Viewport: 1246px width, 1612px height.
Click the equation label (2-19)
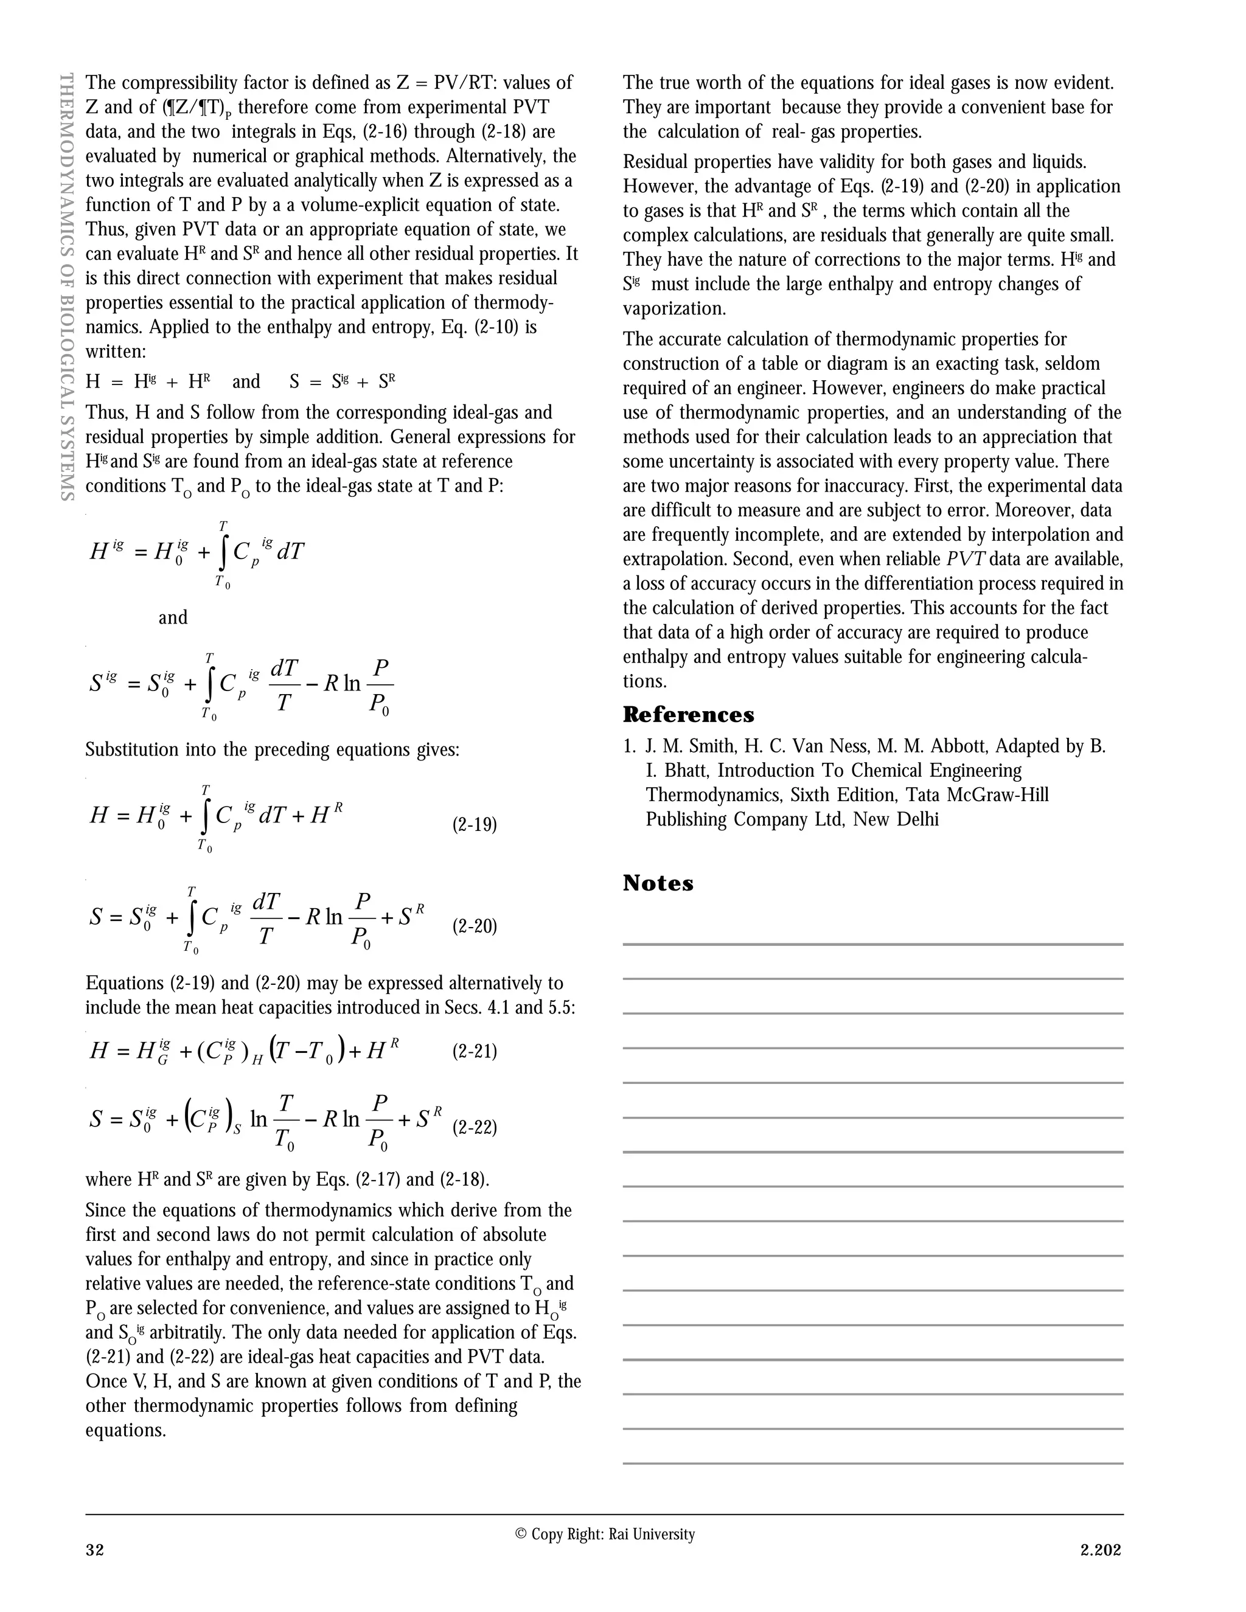click(x=474, y=824)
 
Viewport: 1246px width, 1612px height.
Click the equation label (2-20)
click(x=474, y=926)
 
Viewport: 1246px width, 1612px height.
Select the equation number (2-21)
click(x=474, y=1051)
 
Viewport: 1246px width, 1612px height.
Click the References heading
click(x=688, y=715)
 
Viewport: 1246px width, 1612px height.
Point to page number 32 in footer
click(x=94, y=1549)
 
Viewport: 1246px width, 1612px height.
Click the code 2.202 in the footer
click(x=1101, y=1549)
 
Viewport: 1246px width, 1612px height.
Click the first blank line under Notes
click(x=872, y=943)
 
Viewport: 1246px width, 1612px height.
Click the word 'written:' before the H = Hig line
click(x=116, y=352)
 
